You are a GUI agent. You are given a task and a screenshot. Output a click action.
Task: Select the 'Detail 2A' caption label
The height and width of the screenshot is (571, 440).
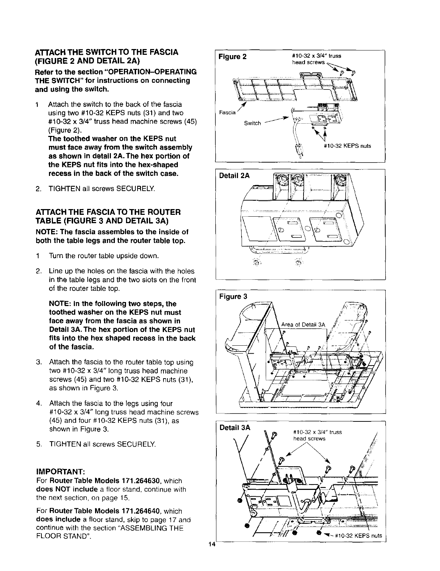pos(234,176)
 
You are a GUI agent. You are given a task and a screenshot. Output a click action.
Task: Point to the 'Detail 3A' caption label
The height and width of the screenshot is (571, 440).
pos(234,428)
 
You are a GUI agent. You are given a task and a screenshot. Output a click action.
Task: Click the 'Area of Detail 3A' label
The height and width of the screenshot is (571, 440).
pos(303,325)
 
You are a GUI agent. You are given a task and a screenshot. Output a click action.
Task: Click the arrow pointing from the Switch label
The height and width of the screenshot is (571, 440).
pos(277,120)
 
